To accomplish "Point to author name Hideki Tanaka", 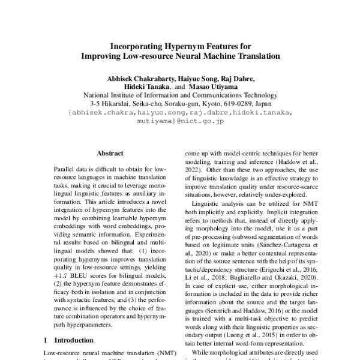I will pyautogui.click(x=145, y=87).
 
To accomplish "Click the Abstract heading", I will pyautogui.click(x=110, y=153).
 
